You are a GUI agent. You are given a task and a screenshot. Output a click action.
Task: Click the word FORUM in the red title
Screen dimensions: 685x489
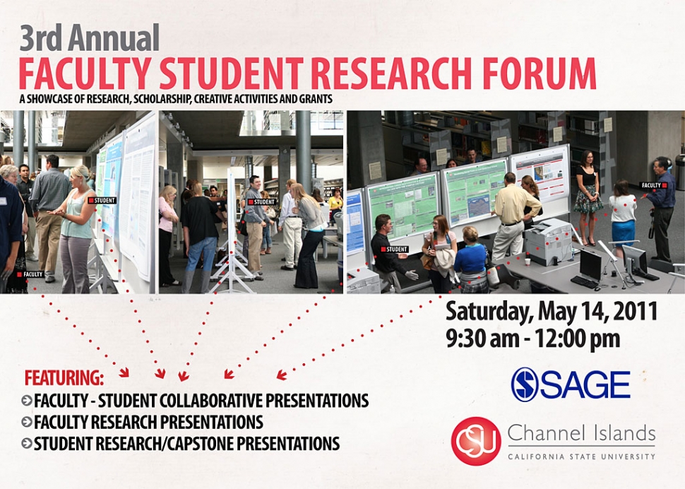540,73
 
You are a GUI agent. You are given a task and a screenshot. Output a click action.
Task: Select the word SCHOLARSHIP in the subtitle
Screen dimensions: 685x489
162,99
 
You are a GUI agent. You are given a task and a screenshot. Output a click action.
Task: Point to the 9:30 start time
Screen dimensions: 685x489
466,338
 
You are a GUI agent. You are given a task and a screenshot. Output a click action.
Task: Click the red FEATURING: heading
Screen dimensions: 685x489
64,378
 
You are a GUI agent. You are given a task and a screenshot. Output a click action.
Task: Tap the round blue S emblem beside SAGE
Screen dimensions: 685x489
524,384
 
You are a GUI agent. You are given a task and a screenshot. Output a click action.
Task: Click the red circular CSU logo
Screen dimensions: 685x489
476,441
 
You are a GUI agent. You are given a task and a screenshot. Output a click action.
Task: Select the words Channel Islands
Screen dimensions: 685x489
581,433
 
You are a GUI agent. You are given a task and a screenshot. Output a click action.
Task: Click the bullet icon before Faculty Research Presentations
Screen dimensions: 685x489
27,422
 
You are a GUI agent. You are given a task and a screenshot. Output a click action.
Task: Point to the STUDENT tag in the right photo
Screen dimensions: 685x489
395,249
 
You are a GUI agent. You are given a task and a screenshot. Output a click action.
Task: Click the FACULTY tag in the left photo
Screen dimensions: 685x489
30,274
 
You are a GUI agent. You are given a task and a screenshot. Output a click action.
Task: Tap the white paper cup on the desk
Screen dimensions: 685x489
528,261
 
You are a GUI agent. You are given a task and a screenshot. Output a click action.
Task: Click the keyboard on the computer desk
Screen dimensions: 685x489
585,282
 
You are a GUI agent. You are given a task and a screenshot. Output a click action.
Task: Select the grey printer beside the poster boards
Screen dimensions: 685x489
548,242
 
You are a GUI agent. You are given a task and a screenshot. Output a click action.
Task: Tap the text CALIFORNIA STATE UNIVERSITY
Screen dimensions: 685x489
581,456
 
